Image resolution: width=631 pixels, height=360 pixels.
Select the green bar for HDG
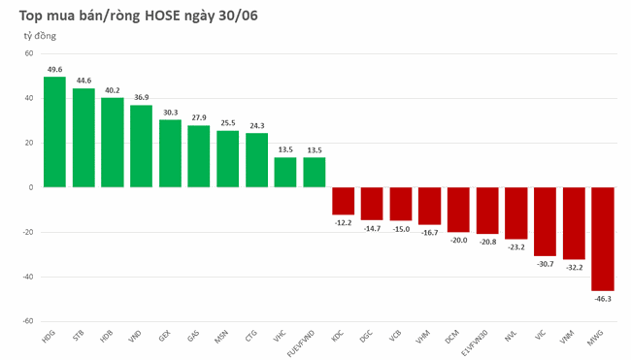point(54,132)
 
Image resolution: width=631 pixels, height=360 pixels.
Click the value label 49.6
point(54,69)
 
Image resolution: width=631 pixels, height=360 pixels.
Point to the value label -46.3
point(603,300)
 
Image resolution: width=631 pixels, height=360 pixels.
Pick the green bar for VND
point(141,146)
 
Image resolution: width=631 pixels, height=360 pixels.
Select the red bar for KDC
point(343,201)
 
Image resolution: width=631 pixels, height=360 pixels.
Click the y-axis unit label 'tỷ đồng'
point(41,36)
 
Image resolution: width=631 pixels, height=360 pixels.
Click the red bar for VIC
point(545,221)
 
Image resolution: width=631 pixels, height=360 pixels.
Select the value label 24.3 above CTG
point(256,125)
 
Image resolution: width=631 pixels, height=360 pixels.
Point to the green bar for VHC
point(285,172)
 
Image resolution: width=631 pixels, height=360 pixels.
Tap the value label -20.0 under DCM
point(458,241)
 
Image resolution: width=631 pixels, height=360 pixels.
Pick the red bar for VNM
point(574,223)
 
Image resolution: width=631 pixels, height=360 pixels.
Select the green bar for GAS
point(199,156)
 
